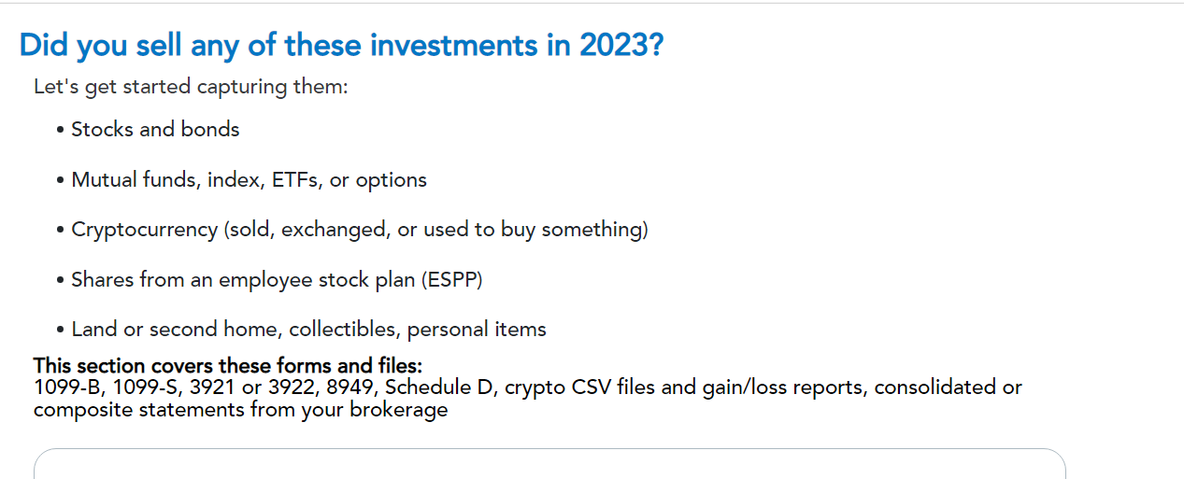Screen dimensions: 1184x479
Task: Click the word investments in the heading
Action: tap(453, 45)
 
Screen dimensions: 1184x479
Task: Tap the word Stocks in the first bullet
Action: tap(102, 130)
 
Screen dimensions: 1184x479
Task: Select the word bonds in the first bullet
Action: tap(210, 130)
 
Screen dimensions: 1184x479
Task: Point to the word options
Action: tap(392, 180)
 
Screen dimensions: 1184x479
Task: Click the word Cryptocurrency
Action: tap(144, 230)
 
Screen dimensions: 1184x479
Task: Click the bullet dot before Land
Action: tap(60, 331)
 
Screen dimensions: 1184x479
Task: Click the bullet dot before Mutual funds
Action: tap(60, 180)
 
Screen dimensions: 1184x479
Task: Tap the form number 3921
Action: tap(212, 387)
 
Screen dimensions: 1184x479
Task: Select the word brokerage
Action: tap(398, 410)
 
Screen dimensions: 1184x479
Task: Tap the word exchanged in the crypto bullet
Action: tap(335, 230)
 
